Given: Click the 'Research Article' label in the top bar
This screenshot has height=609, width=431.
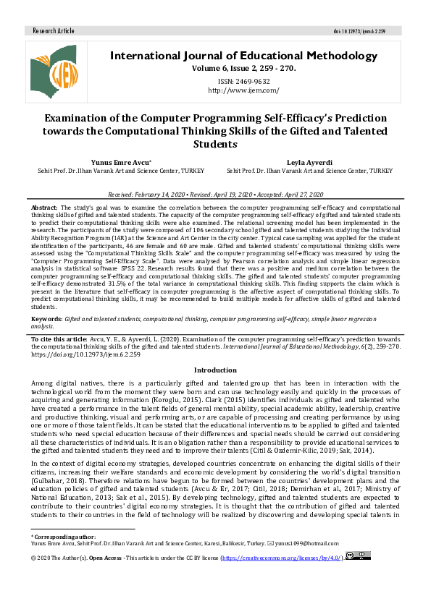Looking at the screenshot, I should [54, 32].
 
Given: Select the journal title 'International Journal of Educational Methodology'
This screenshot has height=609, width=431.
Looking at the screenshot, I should [243, 56].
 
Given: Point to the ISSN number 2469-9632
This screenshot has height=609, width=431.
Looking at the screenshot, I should [243, 82].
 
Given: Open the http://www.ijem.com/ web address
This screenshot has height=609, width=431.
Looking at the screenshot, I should [243, 90].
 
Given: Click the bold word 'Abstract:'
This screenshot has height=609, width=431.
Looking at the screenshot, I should [45, 208].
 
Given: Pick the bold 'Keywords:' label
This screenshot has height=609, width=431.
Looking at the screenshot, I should [46, 318].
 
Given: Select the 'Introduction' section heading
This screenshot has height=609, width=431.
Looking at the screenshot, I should [215, 370].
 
